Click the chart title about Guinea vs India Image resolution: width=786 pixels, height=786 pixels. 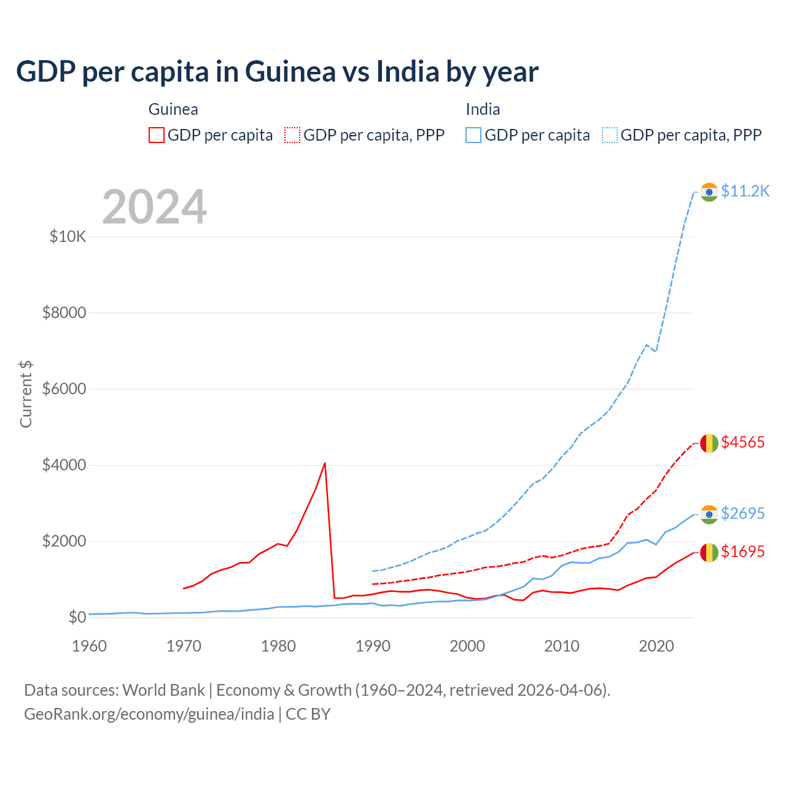pos(277,72)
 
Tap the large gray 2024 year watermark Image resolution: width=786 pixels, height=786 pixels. pos(154,207)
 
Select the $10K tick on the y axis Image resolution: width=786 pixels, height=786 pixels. pos(68,236)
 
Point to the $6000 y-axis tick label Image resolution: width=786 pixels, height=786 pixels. pos(64,389)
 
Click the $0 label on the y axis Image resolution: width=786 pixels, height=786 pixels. pos(77,617)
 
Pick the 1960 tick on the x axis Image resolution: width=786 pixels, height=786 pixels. pos(90,646)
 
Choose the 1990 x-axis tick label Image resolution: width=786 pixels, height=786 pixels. pos(373,646)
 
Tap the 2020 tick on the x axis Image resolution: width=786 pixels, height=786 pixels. pos(656,646)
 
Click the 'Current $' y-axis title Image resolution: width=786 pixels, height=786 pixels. pos(26,394)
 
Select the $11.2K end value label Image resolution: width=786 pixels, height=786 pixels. pos(745,192)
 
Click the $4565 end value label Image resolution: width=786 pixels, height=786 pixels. pos(742,442)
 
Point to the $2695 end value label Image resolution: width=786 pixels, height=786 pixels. pos(742,513)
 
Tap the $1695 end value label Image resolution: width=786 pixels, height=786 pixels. pos(742,552)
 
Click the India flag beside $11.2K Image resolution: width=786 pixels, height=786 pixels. pos(709,192)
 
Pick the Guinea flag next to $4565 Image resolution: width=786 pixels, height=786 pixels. pos(709,443)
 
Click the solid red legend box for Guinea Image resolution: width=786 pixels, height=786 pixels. pos(157,135)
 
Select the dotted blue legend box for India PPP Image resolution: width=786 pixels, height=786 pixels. pos(610,135)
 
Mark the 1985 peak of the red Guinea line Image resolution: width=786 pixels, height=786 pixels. pos(325,463)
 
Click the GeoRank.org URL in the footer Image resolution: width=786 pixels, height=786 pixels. pos(149,714)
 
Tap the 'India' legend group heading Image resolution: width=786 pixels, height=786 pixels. pos(483,109)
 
